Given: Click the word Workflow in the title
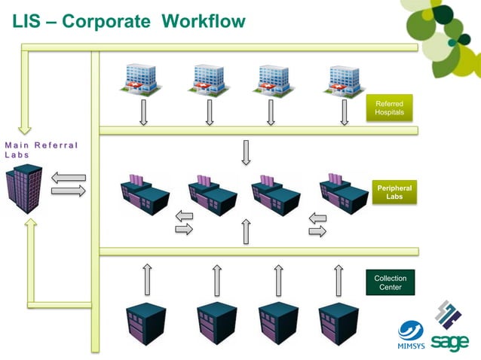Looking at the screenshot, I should pos(203,21).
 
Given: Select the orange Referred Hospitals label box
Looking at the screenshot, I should pos(389,108).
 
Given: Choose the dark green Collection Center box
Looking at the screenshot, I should pos(390,283).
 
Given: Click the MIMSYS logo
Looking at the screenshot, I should pos(412,335).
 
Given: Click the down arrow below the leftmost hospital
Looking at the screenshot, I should pos(142,113).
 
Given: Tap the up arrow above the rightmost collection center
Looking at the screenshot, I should pos(336,279).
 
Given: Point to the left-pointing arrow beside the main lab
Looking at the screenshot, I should pos(69,178).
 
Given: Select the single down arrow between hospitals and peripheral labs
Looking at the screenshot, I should pos(246,152).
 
